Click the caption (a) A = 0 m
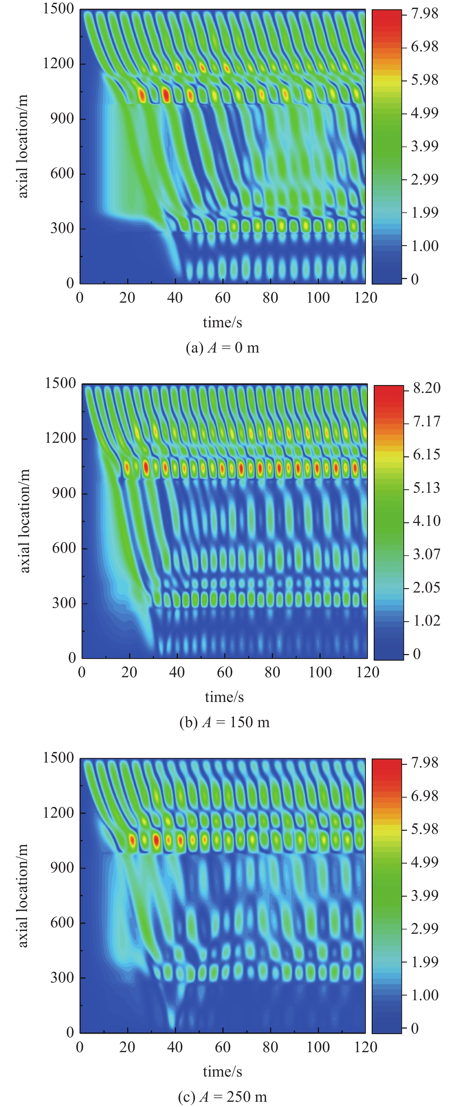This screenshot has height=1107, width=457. click(222, 347)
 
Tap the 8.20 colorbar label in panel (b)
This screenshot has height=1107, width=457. click(427, 388)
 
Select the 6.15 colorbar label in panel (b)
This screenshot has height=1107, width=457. click(427, 454)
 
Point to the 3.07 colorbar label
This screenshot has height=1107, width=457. click(427, 554)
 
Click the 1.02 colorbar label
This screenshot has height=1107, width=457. click(427, 621)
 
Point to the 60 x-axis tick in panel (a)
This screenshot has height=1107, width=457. click(223, 298)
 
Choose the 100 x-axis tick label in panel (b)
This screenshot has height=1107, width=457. click(320, 672)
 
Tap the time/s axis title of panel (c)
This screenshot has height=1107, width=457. click(222, 1072)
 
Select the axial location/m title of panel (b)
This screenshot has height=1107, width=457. click(25, 521)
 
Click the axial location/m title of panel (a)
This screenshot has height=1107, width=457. click(23, 146)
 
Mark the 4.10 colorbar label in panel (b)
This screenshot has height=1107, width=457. click(427, 521)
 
